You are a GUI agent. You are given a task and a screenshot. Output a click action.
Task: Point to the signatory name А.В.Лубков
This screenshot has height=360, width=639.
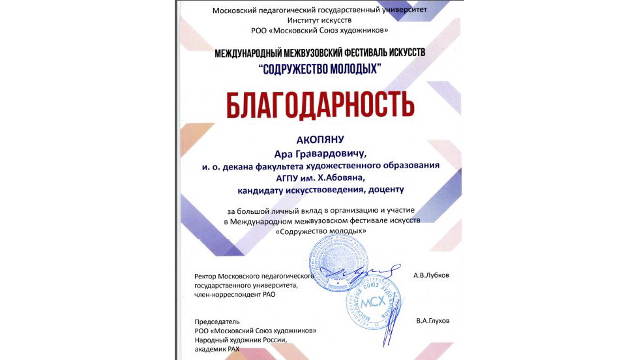pyautogui.click(x=431, y=275)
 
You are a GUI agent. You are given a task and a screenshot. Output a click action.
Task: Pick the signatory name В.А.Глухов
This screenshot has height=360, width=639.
pyautogui.click(x=432, y=321)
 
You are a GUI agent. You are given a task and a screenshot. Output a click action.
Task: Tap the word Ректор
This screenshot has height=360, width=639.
pyautogui.click(x=207, y=276)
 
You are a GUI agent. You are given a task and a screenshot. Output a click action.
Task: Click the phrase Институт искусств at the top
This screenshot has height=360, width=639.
pyautogui.click(x=319, y=20)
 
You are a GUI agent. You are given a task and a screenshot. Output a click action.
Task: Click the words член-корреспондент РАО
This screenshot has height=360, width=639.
pyautogui.click(x=241, y=294)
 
